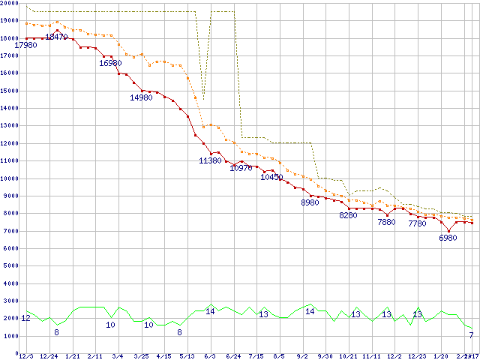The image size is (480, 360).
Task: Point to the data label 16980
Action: (110, 63)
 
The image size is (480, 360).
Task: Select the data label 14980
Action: (141, 97)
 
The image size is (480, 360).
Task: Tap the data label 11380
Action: (210, 160)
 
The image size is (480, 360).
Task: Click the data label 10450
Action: (271, 177)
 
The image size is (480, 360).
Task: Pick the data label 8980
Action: (310, 202)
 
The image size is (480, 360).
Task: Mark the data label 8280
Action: (348, 215)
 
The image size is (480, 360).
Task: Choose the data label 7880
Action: (386, 222)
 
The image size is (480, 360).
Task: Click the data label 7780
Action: (417, 223)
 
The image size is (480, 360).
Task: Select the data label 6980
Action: (448, 238)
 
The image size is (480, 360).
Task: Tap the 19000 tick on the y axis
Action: (10, 19)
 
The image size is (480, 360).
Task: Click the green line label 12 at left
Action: (25, 319)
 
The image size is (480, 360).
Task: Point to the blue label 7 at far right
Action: (470, 335)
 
